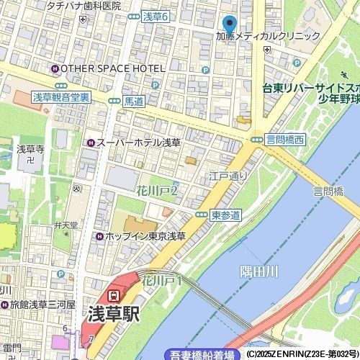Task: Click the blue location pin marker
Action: pos(229,24)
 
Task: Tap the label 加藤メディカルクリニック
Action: pos(268,36)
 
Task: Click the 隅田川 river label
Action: pos(258,271)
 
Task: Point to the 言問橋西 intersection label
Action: pos(285,139)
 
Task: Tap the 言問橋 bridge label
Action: pos(328,192)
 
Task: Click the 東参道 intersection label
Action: pos(225,215)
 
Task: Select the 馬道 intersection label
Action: pos(134,101)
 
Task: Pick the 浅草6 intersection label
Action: pos(156,17)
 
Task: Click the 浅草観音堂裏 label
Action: pos(61,96)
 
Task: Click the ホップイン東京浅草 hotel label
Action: pos(145,236)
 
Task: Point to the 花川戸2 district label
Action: pos(156,192)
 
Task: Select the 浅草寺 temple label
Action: pos(30,149)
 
